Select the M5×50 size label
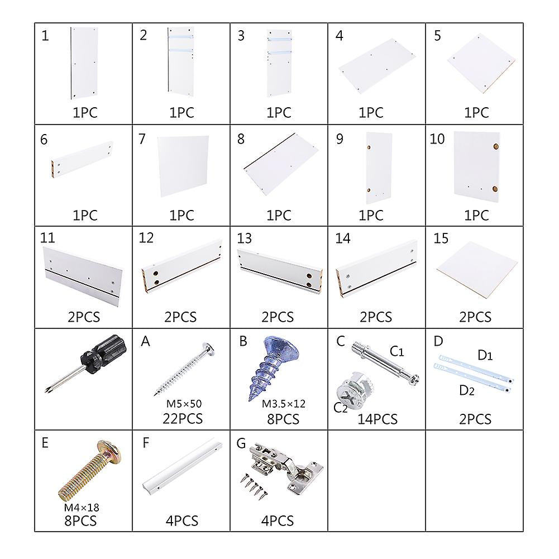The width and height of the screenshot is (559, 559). click(184, 404)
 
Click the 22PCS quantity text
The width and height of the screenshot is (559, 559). click(183, 418)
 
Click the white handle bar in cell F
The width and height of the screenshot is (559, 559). click(182, 466)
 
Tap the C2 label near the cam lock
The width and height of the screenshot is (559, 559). click(340, 407)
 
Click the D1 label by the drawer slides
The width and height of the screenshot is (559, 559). click(485, 355)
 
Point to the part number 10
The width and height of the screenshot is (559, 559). click(437, 139)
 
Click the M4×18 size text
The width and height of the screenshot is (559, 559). click(82, 507)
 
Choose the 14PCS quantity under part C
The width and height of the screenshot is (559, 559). click(377, 419)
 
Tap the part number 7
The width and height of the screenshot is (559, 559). click(142, 139)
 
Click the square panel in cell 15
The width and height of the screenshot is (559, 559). click(477, 271)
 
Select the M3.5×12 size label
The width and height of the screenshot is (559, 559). click(284, 404)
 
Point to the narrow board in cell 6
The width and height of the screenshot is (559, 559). click(83, 159)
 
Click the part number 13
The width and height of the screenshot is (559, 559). click(245, 238)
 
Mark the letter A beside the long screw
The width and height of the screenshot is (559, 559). click(145, 341)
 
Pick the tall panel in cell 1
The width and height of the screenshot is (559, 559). click(84, 63)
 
